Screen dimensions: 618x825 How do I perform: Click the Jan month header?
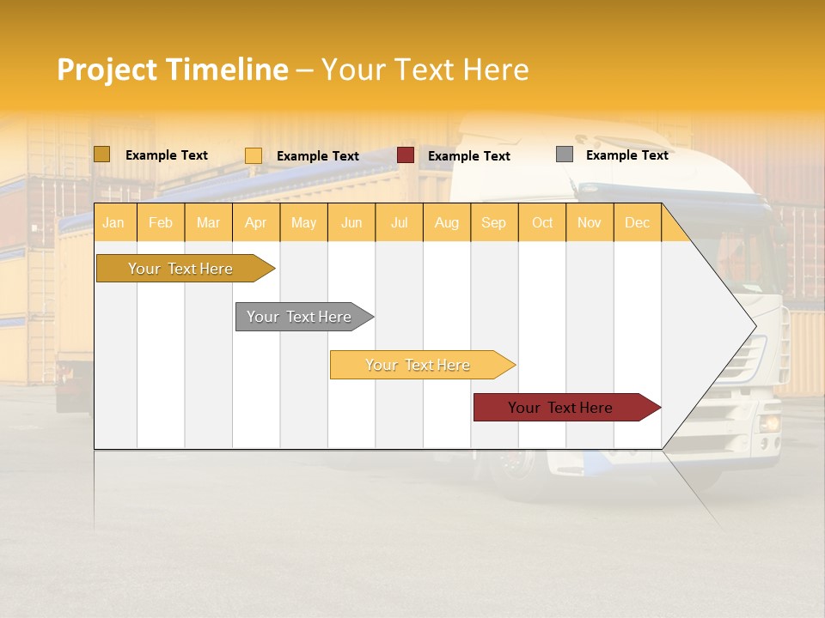114,222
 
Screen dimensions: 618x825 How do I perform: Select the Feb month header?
161,222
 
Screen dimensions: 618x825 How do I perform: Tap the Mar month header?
208,222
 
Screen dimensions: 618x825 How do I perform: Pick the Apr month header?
255,222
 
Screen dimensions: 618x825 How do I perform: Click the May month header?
303,222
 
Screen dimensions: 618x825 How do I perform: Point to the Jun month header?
351,222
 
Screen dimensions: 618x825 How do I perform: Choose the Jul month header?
399,222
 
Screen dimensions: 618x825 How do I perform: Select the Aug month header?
446,222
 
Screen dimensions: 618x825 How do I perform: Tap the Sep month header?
493,222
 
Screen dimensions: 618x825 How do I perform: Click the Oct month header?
541,222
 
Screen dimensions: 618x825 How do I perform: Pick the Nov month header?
589,222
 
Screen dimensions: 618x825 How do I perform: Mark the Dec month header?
637,222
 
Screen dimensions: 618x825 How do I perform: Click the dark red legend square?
406,155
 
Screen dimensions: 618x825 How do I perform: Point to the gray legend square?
565,154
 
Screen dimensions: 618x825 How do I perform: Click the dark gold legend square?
101,154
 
